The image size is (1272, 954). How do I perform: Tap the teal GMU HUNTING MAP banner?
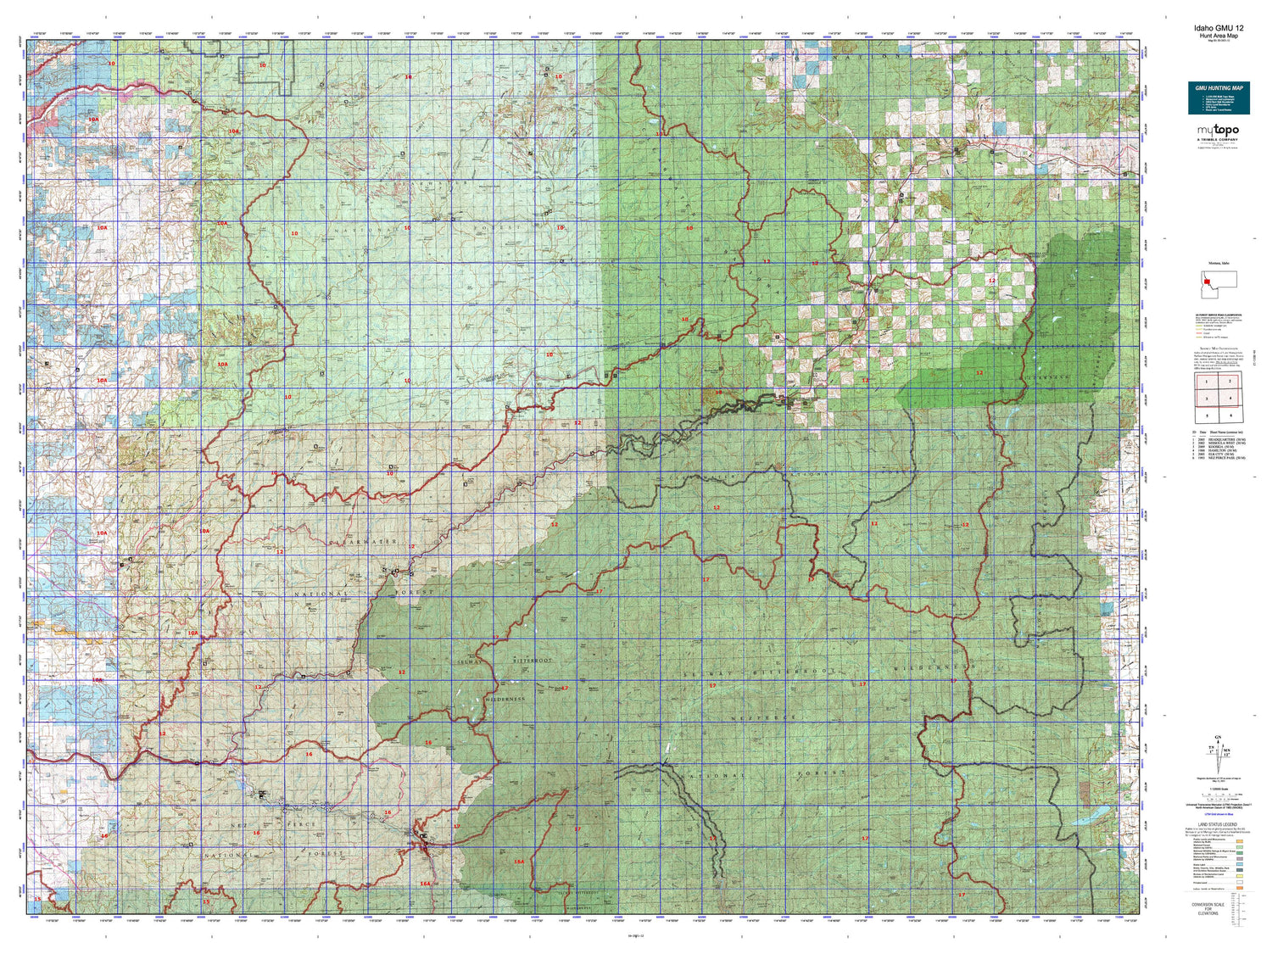click(1219, 98)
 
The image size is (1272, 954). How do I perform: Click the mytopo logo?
click(1218, 131)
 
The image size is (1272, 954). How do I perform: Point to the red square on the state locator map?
click(1205, 282)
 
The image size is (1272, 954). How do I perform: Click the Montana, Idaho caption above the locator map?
click(1218, 264)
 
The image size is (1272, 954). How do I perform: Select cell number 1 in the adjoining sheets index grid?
click(1207, 382)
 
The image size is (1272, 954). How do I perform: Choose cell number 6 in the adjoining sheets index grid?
click(1230, 416)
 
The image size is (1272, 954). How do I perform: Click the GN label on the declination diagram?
click(1219, 737)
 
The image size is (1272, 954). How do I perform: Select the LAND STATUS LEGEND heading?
click(1218, 824)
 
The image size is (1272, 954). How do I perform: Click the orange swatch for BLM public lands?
click(1239, 840)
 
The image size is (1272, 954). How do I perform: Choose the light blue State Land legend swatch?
click(1239, 864)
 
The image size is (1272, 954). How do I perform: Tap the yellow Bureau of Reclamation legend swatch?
click(1239, 877)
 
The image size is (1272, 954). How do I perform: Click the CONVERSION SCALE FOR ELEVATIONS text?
click(1208, 909)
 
